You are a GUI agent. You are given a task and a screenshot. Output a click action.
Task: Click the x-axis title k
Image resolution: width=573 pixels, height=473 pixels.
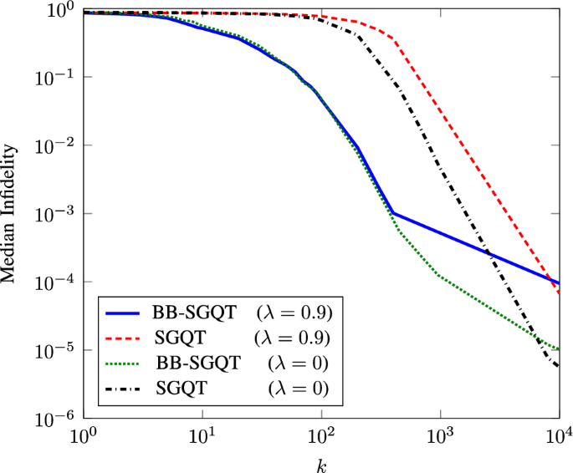[320, 461]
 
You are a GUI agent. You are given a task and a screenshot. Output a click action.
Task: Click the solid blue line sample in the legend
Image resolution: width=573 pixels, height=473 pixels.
[125, 313]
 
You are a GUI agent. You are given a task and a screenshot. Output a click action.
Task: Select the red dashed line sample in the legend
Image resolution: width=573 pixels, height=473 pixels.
[125, 338]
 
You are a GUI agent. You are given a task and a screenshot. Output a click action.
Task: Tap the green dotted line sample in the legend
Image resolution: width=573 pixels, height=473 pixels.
[125, 363]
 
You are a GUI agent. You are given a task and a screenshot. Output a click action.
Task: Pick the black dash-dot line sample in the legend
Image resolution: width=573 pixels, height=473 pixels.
[125, 388]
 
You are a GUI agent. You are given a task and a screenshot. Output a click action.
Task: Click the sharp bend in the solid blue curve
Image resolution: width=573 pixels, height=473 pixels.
[392, 213]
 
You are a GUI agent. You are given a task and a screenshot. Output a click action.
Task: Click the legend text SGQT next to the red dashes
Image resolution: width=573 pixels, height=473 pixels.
[181, 338]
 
